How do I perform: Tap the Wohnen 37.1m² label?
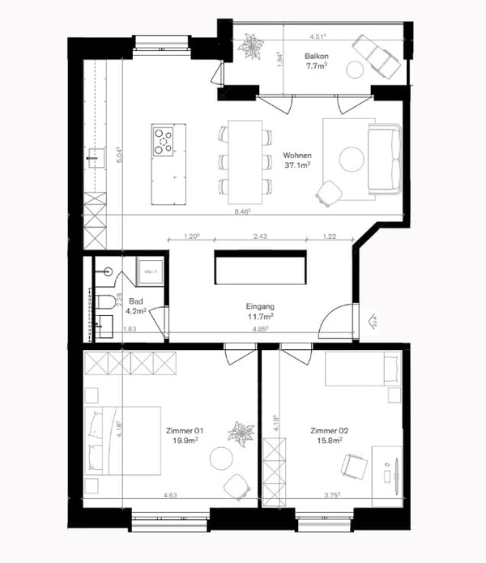[298, 160]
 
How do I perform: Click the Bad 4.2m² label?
[137, 305]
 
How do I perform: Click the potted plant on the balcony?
[247, 46]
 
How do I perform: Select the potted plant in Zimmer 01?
[241, 433]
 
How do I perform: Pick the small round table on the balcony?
[354, 70]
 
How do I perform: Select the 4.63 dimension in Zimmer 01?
[170, 494]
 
